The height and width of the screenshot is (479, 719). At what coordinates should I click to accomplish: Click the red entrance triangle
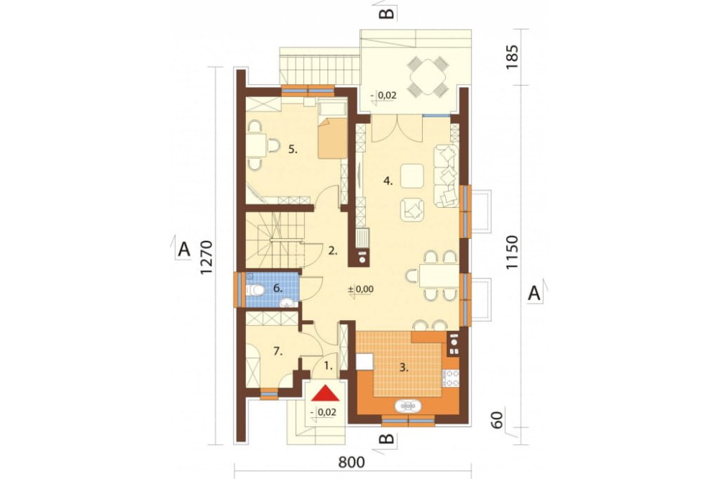point(326,393)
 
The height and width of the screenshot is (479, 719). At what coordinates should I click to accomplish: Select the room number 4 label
point(388,181)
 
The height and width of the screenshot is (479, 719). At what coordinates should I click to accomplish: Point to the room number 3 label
point(403,368)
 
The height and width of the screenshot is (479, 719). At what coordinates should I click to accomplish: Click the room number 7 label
point(278,352)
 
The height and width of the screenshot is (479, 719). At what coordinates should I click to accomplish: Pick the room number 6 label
point(278,288)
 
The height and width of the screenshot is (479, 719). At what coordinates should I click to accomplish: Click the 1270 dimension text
point(207,258)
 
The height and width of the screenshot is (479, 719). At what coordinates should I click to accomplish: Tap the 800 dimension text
point(352,462)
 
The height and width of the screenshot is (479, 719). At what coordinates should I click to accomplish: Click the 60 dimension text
point(497,419)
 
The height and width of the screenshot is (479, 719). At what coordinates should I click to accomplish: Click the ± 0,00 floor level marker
point(361,290)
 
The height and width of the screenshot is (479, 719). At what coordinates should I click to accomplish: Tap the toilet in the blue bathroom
point(255,290)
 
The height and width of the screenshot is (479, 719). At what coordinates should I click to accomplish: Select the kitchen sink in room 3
point(407,406)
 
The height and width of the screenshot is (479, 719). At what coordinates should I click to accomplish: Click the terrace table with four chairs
point(427,76)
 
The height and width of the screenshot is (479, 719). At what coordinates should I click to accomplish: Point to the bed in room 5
point(332,130)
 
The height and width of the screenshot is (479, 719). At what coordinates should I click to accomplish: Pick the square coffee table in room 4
point(412,175)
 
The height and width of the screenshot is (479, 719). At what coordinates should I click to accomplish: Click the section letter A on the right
point(534,292)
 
